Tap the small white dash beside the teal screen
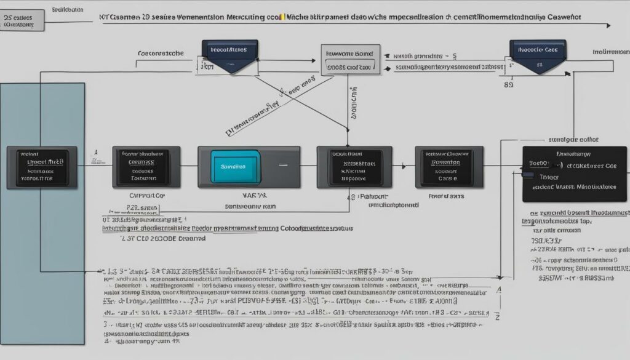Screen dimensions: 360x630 pos(283,165)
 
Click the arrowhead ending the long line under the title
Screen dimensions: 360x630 pos(607,25)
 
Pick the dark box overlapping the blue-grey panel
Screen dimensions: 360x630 pos(42,167)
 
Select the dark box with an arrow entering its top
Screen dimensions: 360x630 pos(354,166)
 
